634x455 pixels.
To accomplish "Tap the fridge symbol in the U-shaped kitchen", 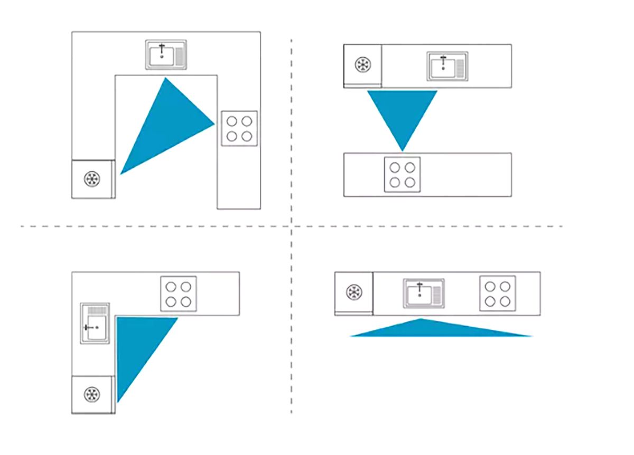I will tap(91, 179).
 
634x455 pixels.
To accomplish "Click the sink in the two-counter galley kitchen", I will tap(447, 66).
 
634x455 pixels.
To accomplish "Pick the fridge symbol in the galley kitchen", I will tap(363, 65).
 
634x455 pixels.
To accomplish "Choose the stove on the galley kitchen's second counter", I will tap(402, 175).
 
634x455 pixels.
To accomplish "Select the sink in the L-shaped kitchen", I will tap(95, 323).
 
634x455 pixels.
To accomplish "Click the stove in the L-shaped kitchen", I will tap(179, 294).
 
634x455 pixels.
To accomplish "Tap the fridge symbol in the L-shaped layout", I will tap(92, 394).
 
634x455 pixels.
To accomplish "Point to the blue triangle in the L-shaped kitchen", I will tap(136, 343).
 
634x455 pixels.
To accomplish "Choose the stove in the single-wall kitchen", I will tap(498, 293).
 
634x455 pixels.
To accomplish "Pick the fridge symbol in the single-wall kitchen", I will tap(353, 292).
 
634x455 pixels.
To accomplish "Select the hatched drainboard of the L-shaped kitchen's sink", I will tap(95, 310).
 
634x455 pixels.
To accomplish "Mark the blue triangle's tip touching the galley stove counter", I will tap(403, 149).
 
